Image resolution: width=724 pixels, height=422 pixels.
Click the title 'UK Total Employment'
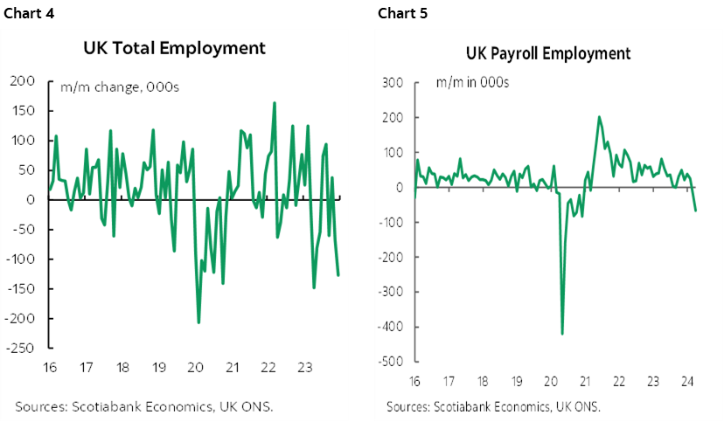(174, 47)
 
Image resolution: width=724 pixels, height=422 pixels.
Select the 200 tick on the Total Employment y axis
(23, 81)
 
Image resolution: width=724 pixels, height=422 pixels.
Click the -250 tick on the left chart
(20, 348)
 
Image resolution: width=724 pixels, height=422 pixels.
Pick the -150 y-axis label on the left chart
(20, 288)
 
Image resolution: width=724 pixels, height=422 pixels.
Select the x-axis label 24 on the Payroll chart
(687, 381)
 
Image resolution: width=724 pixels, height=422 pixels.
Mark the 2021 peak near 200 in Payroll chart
(599, 117)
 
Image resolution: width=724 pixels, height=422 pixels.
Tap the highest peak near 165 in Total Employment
(275, 102)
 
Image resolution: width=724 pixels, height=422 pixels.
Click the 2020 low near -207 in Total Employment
(198, 323)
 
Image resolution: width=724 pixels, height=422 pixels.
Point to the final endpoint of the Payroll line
(696, 211)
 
